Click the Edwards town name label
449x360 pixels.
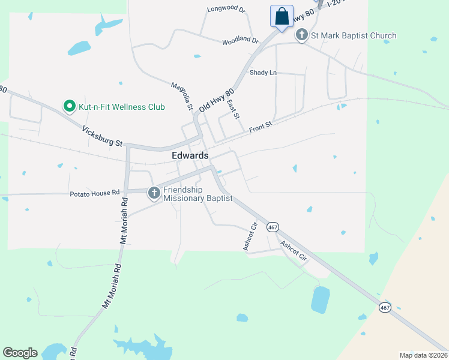coord(190,155)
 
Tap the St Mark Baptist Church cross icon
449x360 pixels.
coord(302,35)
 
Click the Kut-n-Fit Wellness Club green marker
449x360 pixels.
coord(70,107)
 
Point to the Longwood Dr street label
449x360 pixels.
coord(226,10)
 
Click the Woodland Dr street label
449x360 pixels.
coord(240,41)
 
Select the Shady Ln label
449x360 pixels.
coord(264,73)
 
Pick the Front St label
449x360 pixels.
coord(261,127)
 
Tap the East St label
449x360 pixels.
coord(234,109)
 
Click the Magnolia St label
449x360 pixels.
coord(181,97)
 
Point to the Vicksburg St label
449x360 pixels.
coord(102,136)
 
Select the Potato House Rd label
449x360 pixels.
coord(94,193)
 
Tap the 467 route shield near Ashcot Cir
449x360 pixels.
coord(273,227)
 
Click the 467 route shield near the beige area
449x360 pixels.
coord(384,307)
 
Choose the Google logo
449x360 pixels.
coord(20,353)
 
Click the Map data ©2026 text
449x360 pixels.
coord(423,355)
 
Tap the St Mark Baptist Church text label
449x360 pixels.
coord(354,35)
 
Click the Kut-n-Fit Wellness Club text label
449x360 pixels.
coord(122,107)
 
